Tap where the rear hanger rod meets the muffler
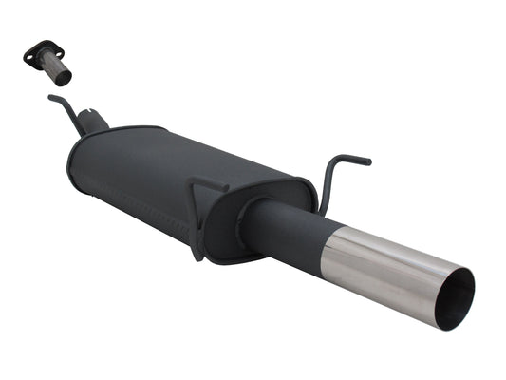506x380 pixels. click(321, 206)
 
